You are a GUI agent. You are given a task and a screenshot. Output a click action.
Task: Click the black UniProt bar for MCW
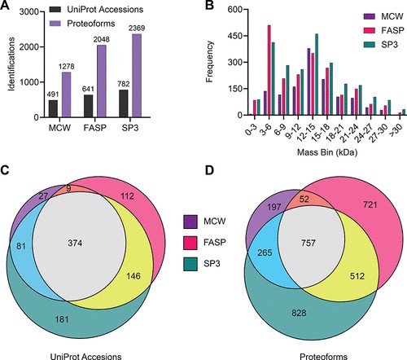pyautogui.click(x=53, y=108)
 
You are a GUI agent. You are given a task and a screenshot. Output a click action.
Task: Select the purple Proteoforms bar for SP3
pyautogui.click(x=137, y=76)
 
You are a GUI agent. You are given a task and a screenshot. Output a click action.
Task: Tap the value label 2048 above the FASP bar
pyautogui.click(x=102, y=40)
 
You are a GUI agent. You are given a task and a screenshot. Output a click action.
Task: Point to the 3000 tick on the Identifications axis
pyautogui.click(x=29, y=12)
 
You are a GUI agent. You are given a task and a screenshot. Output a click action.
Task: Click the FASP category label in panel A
pyautogui.click(x=95, y=128)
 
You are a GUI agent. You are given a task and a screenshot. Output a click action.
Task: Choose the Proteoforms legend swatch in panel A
pyautogui.click(x=56, y=24)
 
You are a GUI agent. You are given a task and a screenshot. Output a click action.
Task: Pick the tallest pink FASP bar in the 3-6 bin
pyautogui.click(x=269, y=70)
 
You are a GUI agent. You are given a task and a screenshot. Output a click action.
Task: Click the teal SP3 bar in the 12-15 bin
pyautogui.click(x=317, y=75)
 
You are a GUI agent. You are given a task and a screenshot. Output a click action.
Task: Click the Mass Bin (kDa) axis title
pyautogui.click(x=327, y=152)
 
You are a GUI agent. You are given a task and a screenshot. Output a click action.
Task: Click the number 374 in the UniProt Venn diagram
pyautogui.click(x=75, y=243)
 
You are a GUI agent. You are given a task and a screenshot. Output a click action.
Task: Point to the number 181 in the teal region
pyautogui.click(x=61, y=319)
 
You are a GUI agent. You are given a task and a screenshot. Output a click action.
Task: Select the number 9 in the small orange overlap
pyautogui.click(x=68, y=188)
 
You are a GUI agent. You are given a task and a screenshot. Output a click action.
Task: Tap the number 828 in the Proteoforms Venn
pyautogui.click(x=299, y=313)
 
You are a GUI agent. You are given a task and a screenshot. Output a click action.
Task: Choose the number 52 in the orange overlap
pyautogui.click(x=304, y=199)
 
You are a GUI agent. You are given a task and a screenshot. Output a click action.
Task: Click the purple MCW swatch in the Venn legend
pyautogui.click(x=190, y=221)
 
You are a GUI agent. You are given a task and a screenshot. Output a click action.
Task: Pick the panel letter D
pyautogui.click(x=209, y=170)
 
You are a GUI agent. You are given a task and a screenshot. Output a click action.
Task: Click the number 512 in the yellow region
pyautogui.click(x=357, y=276)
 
